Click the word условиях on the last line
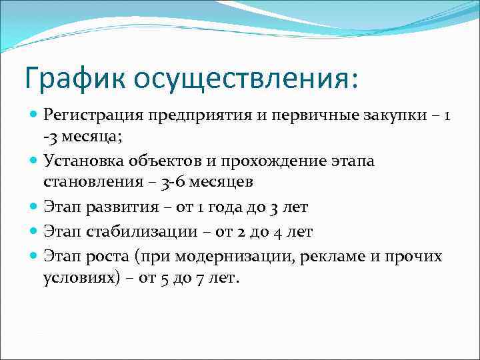(76, 278)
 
